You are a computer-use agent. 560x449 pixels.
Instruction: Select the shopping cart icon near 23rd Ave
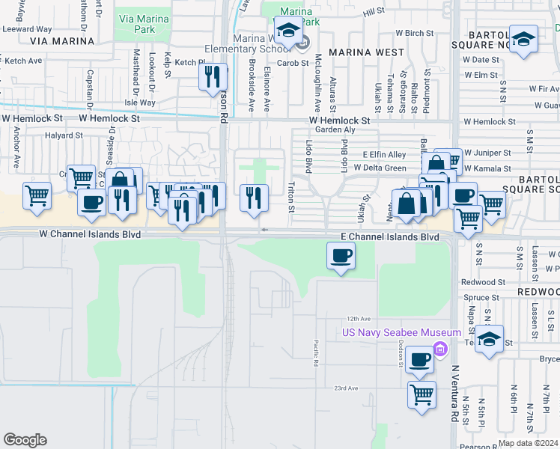[421, 394]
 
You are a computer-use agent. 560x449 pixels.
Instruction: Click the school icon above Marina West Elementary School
[288, 31]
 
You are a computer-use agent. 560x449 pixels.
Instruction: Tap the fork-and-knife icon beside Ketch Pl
[213, 76]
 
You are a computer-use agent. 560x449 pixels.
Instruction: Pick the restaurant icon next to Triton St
[255, 198]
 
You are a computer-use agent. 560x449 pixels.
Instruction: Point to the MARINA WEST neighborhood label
[366, 53]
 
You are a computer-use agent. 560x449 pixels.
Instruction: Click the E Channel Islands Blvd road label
[389, 236]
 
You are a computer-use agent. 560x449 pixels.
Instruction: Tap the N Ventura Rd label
[454, 393]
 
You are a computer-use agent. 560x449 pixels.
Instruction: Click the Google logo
[25, 440]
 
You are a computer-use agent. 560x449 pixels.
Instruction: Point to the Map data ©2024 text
[528, 443]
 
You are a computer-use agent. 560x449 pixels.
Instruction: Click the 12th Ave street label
[358, 317]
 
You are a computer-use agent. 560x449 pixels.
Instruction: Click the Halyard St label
[63, 135]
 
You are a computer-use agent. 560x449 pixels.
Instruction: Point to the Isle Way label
[140, 103]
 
